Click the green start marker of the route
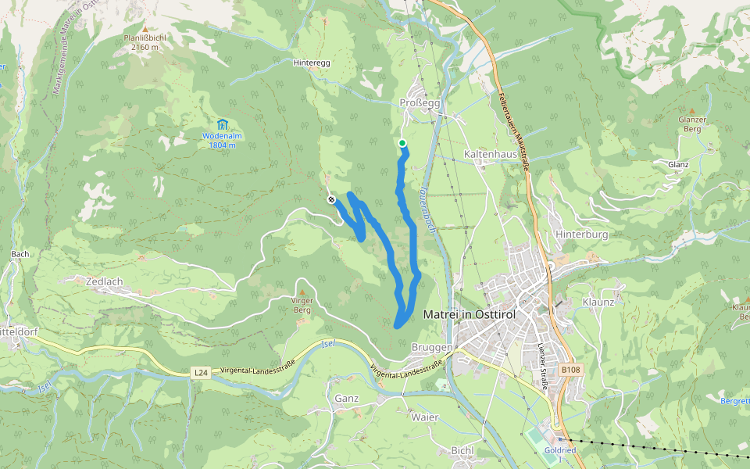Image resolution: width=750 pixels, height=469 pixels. pos(402,143)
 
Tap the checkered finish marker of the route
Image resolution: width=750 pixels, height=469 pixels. pos(331,200)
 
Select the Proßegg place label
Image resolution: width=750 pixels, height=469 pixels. pos(420,103)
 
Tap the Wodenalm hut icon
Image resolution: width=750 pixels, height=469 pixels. pos(222,124)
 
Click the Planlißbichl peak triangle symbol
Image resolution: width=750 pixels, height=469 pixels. pos(145,27)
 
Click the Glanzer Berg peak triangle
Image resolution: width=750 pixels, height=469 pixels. pos(691,111)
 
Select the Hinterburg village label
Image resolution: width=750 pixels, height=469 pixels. pos(580,234)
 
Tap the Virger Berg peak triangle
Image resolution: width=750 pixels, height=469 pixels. pos(302,292)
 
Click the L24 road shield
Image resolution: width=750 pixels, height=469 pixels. pos(201,374)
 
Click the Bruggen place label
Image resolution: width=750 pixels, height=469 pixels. pos(430,347)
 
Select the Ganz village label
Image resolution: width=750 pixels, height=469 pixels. pos(346,399)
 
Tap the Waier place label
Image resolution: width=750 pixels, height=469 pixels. pos(424,417)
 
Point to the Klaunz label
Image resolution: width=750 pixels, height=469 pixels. pos(598,302)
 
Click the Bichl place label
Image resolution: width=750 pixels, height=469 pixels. pos(462,450)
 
